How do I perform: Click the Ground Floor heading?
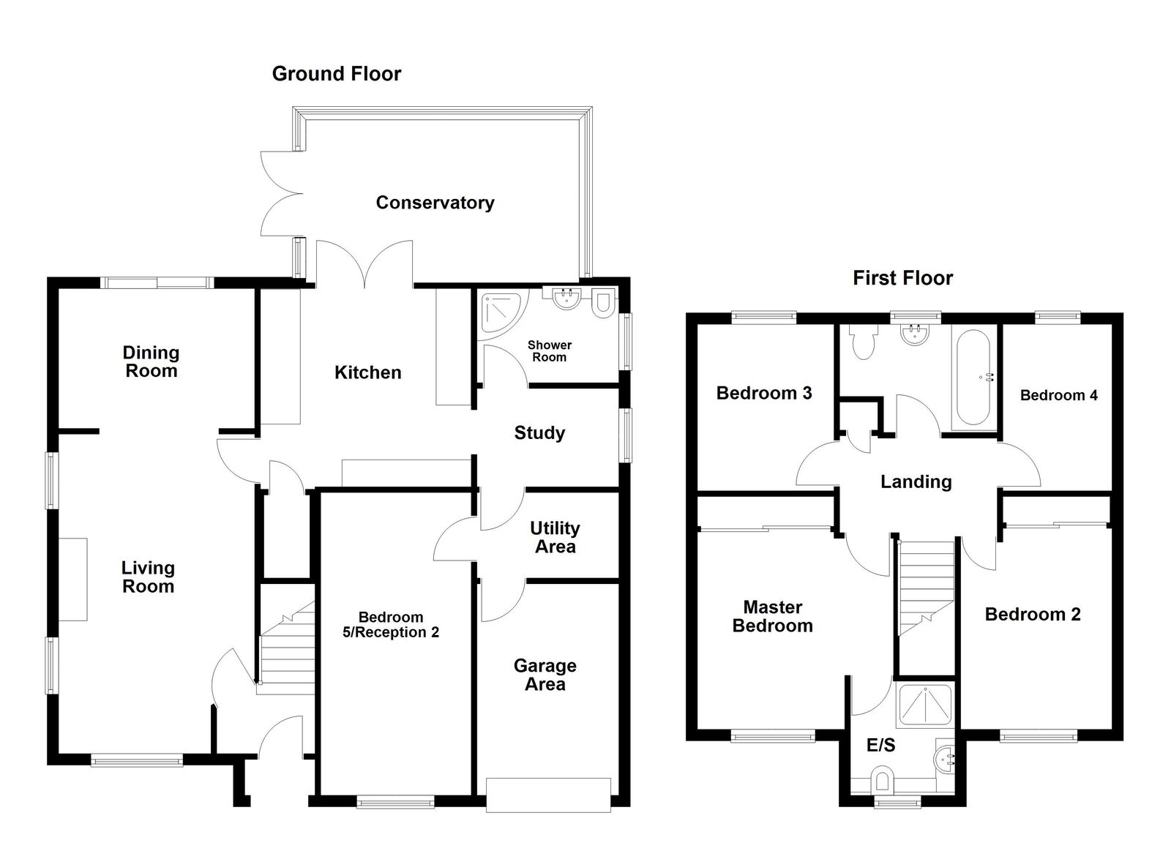point(336,74)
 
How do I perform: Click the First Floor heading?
point(902,278)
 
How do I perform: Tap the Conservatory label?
point(435,203)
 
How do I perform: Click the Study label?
point(539,432)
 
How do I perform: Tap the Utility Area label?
point(555,537)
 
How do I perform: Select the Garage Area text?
point(545,675)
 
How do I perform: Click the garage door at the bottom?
point(548,794)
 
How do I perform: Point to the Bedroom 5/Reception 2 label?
point(391,625)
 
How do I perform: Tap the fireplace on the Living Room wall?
point(72,580)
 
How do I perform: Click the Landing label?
point(916,481)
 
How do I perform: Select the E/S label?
point(880,745)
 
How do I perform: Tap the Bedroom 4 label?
point(1058,395)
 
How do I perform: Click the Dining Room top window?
point(157,282)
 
